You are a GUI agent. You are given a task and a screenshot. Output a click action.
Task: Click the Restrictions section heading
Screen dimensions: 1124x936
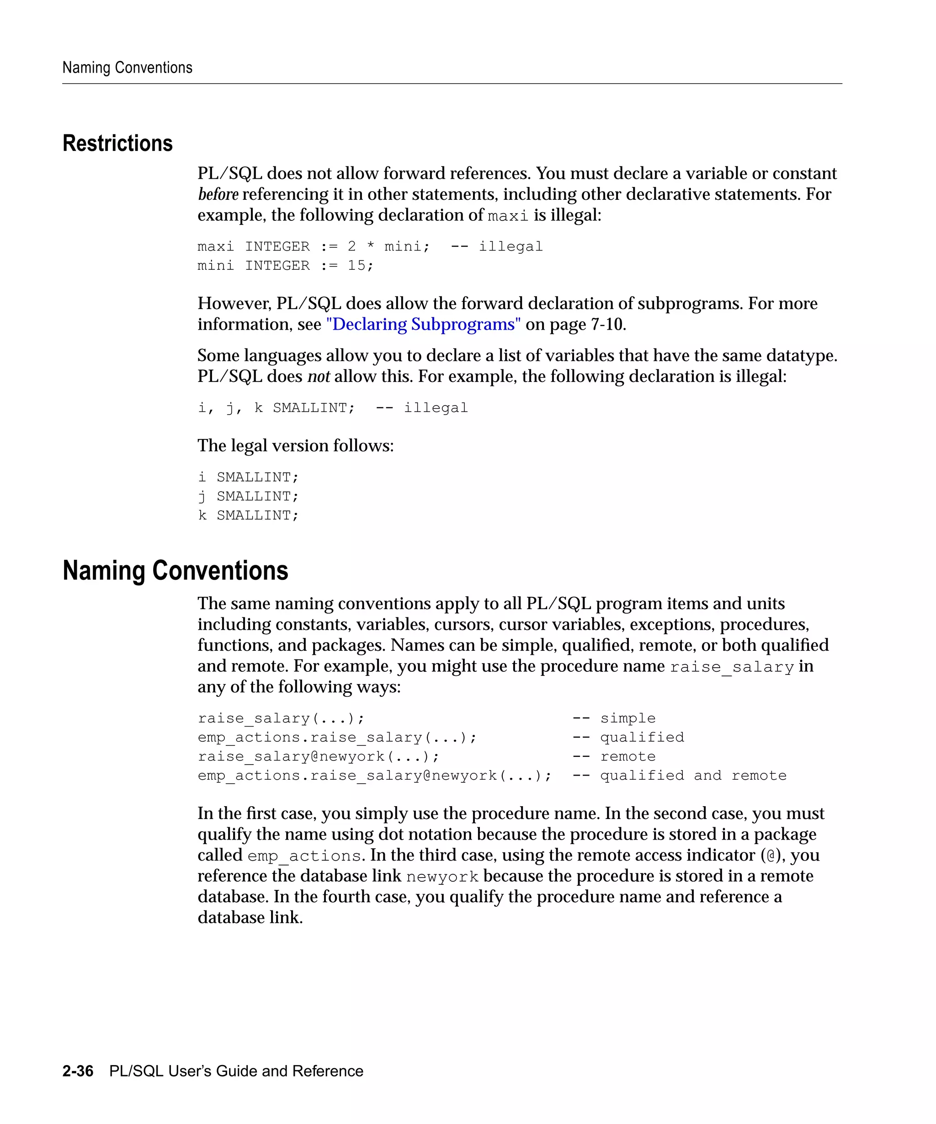pyautogui.click(x=117, y=144)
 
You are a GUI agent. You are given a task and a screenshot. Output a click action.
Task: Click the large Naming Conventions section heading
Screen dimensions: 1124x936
pyautogui.click(x=175, y=570)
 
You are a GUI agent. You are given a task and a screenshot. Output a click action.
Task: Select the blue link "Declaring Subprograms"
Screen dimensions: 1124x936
pyautogui.click(x=423, y=324)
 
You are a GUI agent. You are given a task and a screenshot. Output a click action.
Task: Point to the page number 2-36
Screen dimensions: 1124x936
pyautogui.click(x=78, y=1071)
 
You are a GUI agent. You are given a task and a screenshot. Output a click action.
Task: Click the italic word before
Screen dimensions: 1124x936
pyautogui.click(x=218, y=194)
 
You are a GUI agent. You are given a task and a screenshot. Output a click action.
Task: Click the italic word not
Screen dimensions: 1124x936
pyautogui.click(x=318, y=376)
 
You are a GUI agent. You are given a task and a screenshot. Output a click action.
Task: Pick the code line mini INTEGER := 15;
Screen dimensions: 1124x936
pyautogui.click(x=285, y=266)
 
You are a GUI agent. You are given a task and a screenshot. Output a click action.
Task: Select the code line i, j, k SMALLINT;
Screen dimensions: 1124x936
pyautogui.click(x=276, y=408)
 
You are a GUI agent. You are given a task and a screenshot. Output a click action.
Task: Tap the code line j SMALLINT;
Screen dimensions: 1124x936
pyautogui.click(x=248, y=496)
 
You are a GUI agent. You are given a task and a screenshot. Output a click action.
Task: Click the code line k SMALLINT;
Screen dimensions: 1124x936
pyautogui.click(x=248, y=515)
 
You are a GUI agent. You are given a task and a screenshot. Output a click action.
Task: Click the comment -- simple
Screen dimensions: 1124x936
pyautogui.click(x=613, y=718)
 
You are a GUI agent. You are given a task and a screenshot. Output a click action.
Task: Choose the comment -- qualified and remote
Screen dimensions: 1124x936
pyautogui.click(x=679, y=776)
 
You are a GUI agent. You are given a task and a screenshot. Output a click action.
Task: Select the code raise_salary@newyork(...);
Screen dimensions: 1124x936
pyautogui.click(x=318, y=756)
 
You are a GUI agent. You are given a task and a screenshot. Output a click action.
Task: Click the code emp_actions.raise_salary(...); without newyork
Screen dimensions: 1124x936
pyautogui.click(x=337, y=738)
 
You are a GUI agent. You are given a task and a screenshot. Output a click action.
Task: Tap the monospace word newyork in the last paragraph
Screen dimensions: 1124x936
pyautogui.click(x=442, y=877)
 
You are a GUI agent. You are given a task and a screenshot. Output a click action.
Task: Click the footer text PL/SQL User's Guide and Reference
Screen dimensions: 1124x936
pyautogui.click(x=236, y=1071)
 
